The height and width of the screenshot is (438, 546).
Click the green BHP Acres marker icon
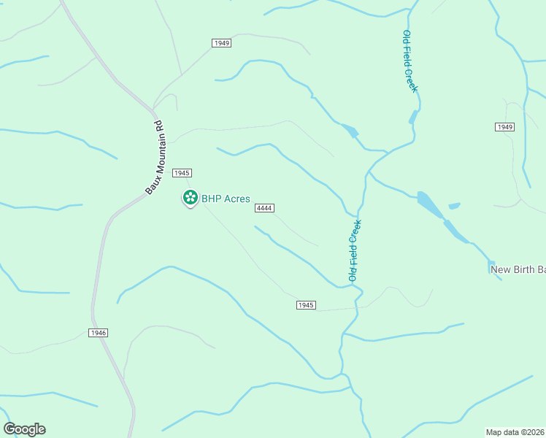pos(190,197)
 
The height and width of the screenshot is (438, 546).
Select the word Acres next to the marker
pos(238,199)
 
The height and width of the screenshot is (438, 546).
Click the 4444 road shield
pos(264,208)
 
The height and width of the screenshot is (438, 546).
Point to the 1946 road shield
pos(99,333)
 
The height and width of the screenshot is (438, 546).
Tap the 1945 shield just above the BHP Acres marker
pos(182,173)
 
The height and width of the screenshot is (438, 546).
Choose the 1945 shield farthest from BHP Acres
pos(306,304)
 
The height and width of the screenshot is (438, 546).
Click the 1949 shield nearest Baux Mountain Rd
pos(222,43)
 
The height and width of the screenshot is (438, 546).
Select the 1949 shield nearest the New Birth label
pos(504,127)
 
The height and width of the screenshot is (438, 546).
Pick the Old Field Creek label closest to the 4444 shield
pos(354,250)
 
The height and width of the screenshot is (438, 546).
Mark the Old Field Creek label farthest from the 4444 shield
pos(409,61)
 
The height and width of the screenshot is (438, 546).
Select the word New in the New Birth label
pos(500,269)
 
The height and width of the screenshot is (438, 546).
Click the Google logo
pos(24,429)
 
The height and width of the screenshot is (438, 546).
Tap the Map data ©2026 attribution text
pos(515,432)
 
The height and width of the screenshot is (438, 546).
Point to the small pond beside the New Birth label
pos(491,262)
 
